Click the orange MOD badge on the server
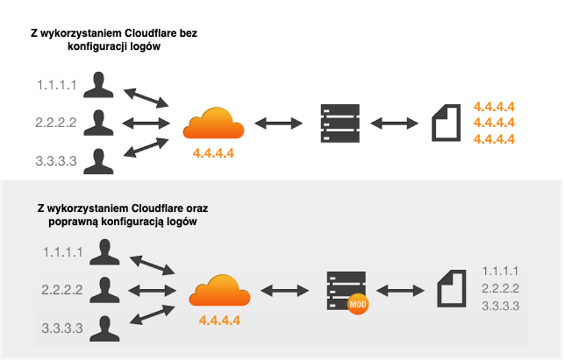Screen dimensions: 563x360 [x=357, y=305]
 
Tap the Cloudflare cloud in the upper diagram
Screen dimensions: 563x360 [x=214, y=123]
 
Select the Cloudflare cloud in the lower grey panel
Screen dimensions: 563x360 [x=220, y=290]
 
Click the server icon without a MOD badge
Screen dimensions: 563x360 [x=340, y=123]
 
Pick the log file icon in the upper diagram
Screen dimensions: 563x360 [x=446, y=123]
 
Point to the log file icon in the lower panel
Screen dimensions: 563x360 [x=452, y=288]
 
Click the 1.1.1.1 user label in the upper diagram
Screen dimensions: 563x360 [x=57, y=85]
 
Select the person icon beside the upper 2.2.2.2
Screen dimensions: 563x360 [x=98, y=123]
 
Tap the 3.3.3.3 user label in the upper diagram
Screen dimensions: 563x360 [x=56, y=161]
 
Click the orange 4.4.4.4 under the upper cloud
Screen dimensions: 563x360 [x=214, y=153]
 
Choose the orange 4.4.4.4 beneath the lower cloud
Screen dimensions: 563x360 [x=220, y=321]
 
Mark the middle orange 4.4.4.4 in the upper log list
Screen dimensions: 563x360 [x=494, y=123]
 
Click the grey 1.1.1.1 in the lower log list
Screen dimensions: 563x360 [x=500, y=271]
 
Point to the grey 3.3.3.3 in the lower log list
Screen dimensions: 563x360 [x=501, y=306]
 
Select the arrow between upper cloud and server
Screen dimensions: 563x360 [x=278, y=123]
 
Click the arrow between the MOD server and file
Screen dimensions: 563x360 [x=400, y=291]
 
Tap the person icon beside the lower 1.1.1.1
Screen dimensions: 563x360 [x=105, y=252]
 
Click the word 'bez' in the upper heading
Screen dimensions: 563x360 [x=189, y=34]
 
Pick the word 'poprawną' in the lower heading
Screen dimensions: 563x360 [x=73, y=222]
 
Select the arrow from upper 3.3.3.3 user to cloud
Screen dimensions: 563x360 [x=146, y=148]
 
